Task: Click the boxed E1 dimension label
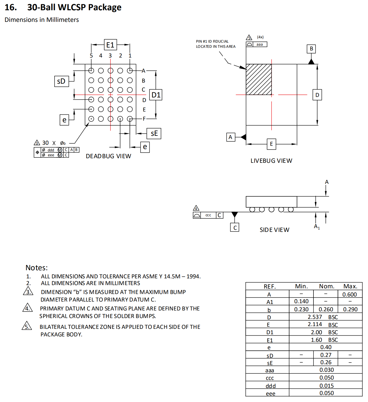[x=110, y=45]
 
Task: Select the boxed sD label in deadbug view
[x=62, y=81]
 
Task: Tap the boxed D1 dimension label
[x=156, y=95]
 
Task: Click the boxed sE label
[x=154, y=133]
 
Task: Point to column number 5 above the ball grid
[x=91, y=56]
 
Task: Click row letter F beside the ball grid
[x=144, y=119]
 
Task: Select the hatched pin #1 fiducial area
[x=259, y=79]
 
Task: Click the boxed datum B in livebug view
[x=311, y=49]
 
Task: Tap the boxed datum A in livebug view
[x=231, y=137]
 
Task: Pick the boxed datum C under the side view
[x=235, y=227]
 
